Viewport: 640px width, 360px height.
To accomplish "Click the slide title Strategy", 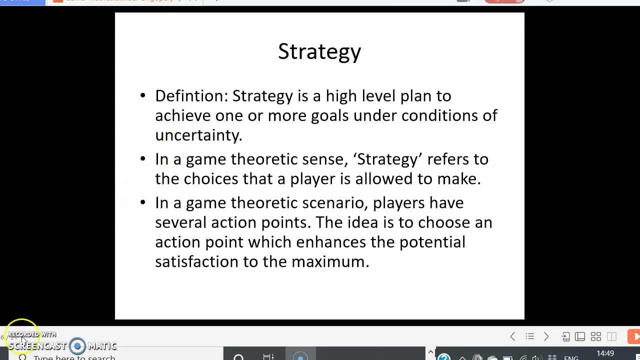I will tap(319, 52).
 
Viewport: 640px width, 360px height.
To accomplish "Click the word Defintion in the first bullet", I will tap(191, 96).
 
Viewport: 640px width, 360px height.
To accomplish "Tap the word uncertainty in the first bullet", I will tap(198, 135).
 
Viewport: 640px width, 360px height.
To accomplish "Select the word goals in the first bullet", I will tap(329, 116).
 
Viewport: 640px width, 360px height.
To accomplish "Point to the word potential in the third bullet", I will tap(432, 242).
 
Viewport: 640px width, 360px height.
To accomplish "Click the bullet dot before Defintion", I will tap(143, 95).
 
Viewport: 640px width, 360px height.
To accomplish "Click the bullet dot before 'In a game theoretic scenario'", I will tap(143, 202).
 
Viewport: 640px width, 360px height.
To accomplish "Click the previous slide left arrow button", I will tap(512, 336).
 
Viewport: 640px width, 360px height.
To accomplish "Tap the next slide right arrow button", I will tap(546, 336).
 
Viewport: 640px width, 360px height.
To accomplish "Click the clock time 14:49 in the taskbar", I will tap(605, 354).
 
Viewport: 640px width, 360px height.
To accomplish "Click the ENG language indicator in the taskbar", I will tap(571, 357).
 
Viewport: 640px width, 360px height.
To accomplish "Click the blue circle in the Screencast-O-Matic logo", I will tap(77, 345).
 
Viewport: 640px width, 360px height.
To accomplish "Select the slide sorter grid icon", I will tap(595, 336).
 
